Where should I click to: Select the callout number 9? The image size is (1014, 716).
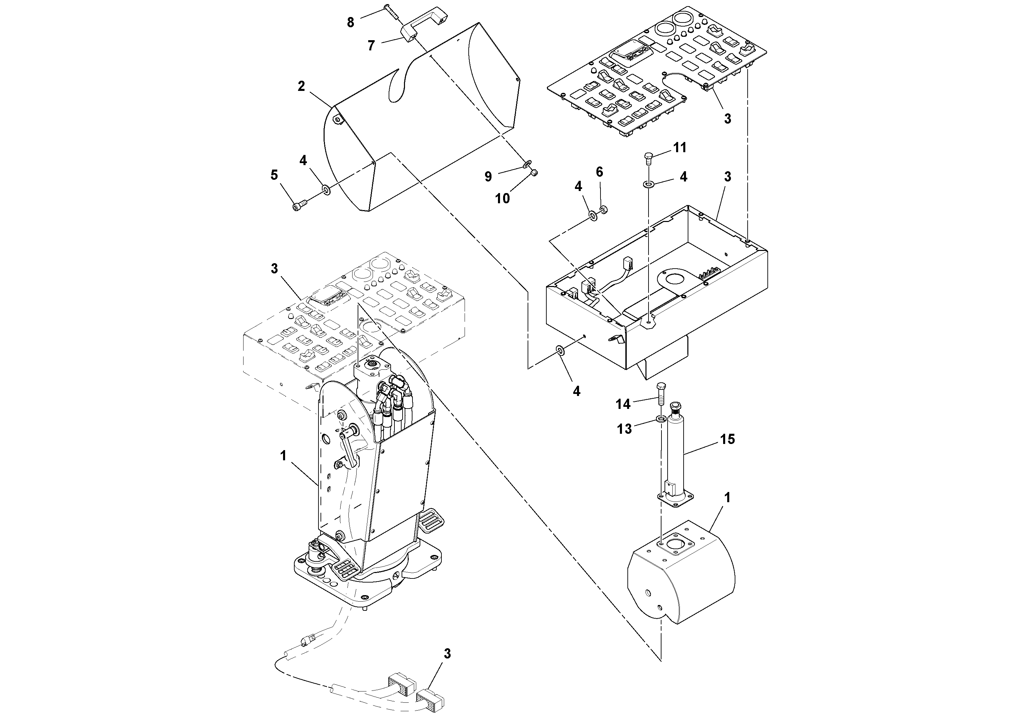[488, 177]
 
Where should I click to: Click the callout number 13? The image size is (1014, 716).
[624, 429]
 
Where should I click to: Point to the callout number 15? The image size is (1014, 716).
[728, 439]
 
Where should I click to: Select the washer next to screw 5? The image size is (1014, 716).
[326, 190]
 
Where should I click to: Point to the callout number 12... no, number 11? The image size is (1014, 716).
[680, 147]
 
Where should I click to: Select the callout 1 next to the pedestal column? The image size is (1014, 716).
[283, 456]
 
